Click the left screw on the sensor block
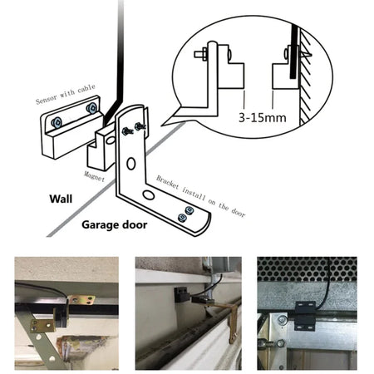click(54, 121)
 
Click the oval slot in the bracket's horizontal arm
click(148, 194)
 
